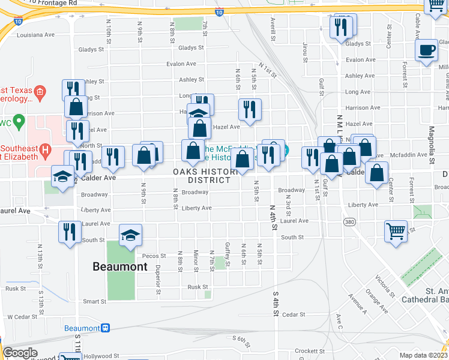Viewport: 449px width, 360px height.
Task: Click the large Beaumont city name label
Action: pos(120,266)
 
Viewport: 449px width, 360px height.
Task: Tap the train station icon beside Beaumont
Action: pos(106,328)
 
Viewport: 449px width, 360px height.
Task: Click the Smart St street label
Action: pos(94,301)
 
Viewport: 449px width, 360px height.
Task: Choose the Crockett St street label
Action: pos(310,351)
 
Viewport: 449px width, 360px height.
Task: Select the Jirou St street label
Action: pos(306,52)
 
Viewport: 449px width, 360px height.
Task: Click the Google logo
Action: pos(20,353)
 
